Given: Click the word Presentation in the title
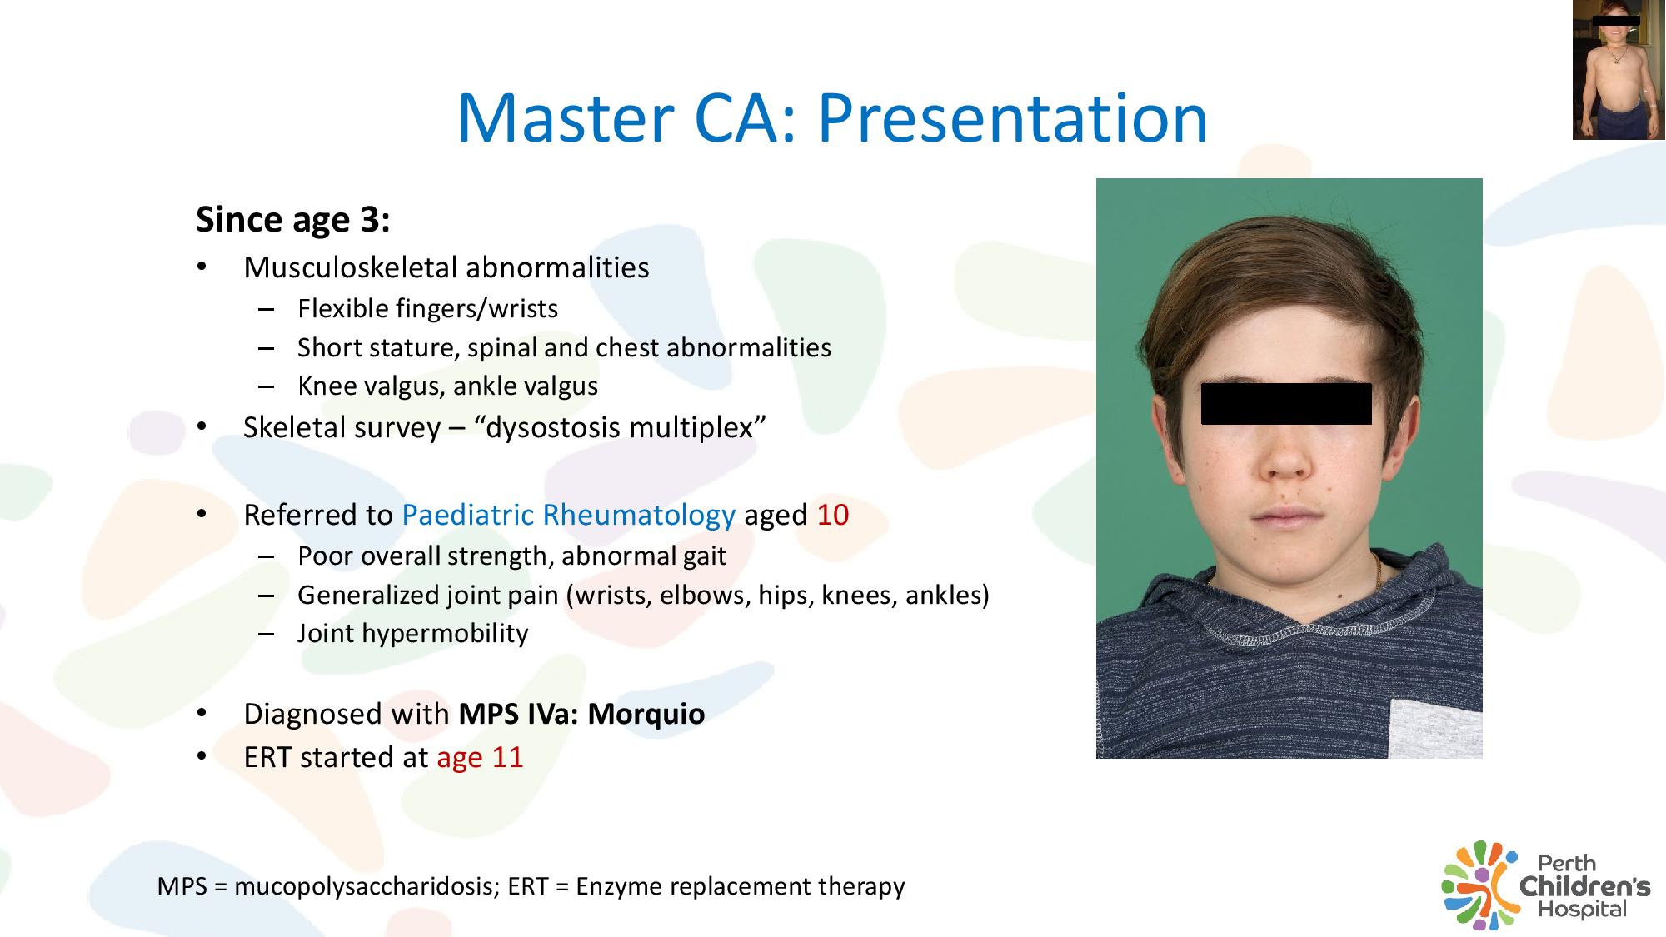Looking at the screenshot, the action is [x=1012, y=117].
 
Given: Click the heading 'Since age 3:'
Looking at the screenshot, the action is [x=293, y=220].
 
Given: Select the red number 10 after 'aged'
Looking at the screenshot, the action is [x=833, y=515].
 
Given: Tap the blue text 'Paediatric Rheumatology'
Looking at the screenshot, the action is [x=569, y=516].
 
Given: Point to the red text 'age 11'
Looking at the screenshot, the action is [x=481, y=758].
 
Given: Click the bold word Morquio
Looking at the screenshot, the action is [x=646, y=714].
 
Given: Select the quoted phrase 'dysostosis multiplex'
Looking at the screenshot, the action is [x=620, y=427].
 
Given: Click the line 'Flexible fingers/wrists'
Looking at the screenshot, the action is [x=428, y=309].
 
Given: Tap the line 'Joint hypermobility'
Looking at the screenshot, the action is [x=413, y=634].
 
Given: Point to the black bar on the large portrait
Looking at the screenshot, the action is [x=1286, y=404].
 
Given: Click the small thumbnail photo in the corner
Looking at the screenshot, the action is [x=1619, y=70].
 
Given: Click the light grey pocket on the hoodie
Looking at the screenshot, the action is [x=1435, y=728].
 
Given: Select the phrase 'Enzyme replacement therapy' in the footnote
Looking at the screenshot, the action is [x=741, y=886].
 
